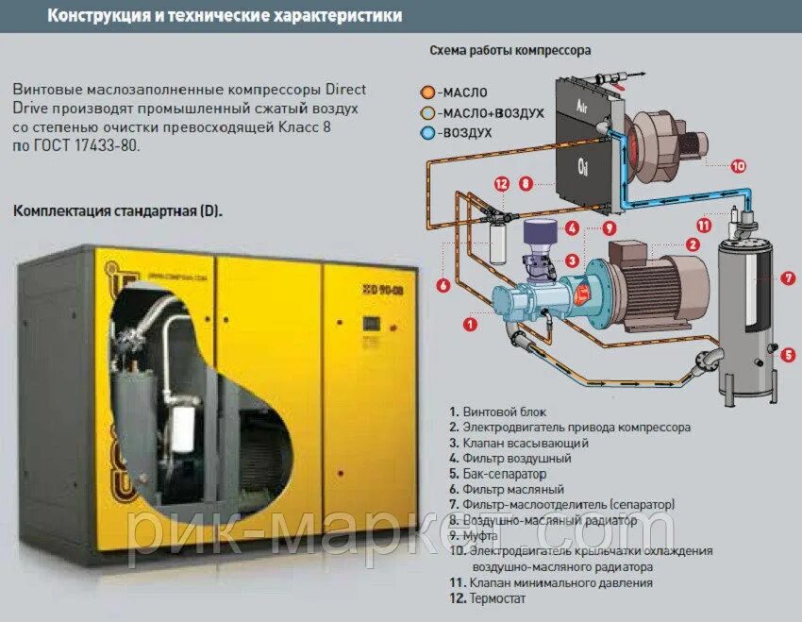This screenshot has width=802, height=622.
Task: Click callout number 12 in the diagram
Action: tap(501, 183)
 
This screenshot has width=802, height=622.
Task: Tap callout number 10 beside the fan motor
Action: tap(738, 165)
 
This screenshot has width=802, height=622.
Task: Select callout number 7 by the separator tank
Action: tap(788, 278)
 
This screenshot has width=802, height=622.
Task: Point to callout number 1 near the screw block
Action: tap(469, 324)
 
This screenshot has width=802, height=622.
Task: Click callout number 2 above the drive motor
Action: tap(693, 244)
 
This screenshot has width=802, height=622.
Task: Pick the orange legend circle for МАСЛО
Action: tap(427, 92)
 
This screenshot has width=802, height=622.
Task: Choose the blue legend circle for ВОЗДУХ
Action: tap(427, 133)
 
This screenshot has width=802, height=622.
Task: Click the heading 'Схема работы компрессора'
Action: tap(510, 50)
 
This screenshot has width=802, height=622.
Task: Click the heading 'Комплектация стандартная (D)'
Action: tap(118, 210)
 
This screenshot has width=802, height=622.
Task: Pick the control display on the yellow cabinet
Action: tap(371, 322)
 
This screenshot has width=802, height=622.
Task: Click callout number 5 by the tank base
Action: tap(788, 355)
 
